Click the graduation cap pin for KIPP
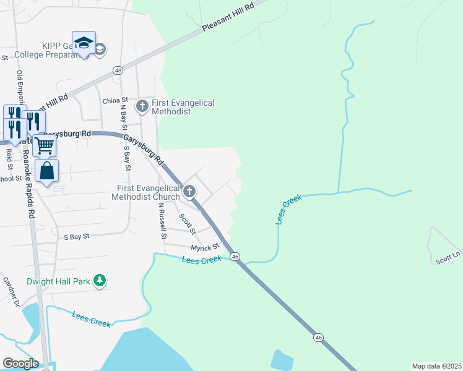point(84,43)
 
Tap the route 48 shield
point(118,70)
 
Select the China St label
point(115,100)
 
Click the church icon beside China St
point(142,106)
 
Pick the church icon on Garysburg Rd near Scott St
point(190,192)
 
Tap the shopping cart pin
point(45,147)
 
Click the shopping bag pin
point(47,171)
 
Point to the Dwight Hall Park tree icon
point(99,281)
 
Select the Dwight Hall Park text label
point(58,281)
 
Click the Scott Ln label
point(448,260)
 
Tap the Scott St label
point(187,224)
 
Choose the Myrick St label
point(205,247)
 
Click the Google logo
point(20,364)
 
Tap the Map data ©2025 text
point(436,366)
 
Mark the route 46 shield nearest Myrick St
point(235,256)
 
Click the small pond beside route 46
point(282,360)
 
